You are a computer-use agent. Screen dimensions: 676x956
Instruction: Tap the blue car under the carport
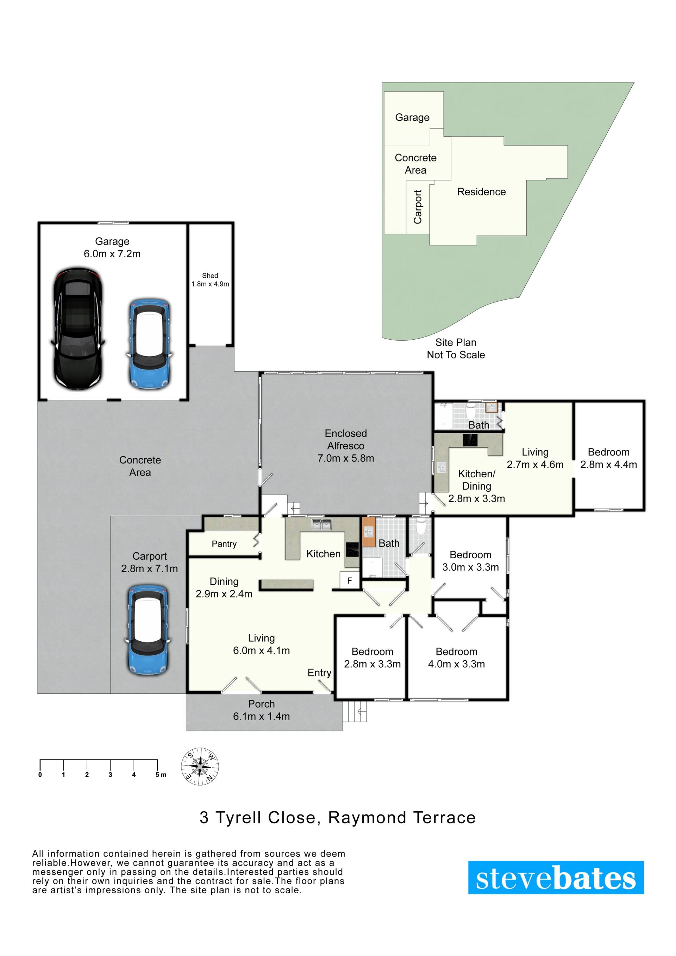[x=148, y=630]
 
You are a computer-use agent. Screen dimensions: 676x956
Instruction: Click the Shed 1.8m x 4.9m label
[x=210, y=280]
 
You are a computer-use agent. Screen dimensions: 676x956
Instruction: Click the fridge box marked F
[x=350, y=580]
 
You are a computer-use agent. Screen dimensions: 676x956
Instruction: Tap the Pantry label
[x=224, y=544]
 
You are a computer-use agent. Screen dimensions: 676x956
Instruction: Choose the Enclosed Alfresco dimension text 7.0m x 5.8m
[x=346, y=458]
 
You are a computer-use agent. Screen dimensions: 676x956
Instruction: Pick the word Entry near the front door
[x=319, y=672]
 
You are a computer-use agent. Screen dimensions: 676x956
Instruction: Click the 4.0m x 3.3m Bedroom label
[x=457, y=658]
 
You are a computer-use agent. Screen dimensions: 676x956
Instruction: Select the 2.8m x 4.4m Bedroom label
[x=608, y=458]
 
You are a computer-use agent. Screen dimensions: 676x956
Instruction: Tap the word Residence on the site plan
[x=482, y=191]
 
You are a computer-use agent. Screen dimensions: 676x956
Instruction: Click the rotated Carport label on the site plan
[x=417, y=207]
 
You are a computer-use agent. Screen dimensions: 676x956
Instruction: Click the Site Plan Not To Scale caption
[x=456, y=348]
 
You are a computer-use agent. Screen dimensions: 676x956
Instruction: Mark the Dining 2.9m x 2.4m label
[x=224, y=587]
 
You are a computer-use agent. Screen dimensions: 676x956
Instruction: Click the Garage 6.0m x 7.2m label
[x=112, y=247]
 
